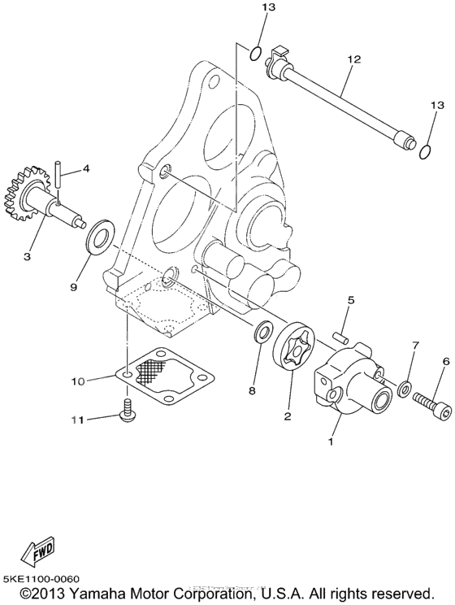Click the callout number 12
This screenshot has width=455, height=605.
coord(353,59)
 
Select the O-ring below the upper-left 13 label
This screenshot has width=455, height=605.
coord(254,54)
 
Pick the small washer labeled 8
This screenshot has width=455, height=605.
coord(262,333)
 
